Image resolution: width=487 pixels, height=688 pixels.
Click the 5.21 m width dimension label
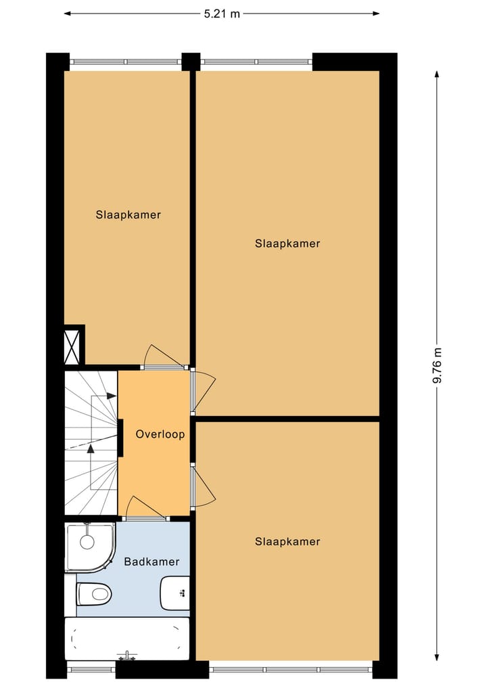point(222,14)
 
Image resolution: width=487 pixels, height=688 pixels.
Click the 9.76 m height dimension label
point(438,365)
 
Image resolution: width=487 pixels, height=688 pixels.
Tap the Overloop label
point(160,434)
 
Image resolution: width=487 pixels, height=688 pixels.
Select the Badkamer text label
point(152,561)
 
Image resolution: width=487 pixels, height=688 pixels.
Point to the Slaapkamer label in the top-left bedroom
point(128,215)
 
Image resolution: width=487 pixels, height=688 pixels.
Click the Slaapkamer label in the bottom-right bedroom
point(287,541)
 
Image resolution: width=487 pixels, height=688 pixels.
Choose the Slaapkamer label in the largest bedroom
point(287,244)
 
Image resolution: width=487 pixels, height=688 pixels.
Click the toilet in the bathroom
point(94,594)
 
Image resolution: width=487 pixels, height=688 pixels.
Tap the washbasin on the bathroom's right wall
point(175,593)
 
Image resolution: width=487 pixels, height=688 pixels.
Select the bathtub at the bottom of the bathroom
point(126,638)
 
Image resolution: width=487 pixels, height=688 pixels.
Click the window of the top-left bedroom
point(125,62)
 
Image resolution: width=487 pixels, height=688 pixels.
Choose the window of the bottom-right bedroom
point(291,670)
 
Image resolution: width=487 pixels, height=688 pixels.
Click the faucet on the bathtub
point(126,656)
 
